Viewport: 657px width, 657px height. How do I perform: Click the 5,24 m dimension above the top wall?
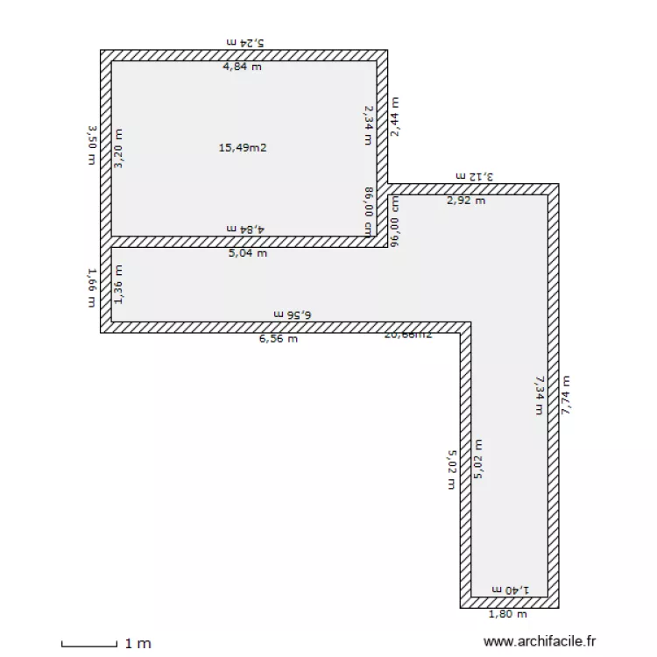point(244,41)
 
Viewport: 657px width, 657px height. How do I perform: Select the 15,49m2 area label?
point(243,148)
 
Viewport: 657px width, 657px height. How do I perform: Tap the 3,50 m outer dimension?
point(91,145)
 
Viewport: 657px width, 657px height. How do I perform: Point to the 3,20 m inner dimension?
point(119,149)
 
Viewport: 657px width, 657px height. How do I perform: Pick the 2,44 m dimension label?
point(395,117)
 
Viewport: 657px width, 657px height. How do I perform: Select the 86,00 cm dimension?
point(369,210)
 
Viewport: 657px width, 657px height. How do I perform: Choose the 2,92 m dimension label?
point(466,201)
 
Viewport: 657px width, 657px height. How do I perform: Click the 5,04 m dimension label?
point(248,254)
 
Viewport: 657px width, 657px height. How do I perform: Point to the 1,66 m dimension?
point(91,288)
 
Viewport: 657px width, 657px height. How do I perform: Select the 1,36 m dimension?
point(119,285)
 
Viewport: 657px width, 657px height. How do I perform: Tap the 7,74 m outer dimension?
point(566,400)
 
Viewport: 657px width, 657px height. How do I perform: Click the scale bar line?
point(88,646)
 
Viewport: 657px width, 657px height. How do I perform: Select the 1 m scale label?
point(138,644)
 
